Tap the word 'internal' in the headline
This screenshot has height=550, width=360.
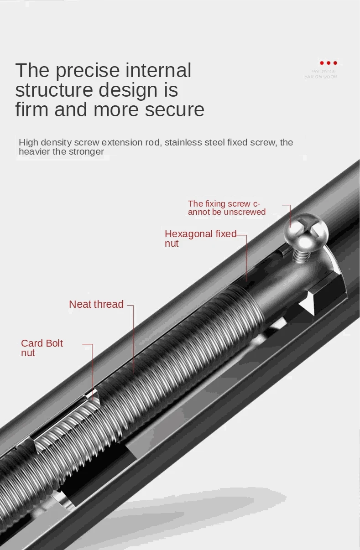coord(158,71)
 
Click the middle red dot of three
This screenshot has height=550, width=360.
coord(329,63)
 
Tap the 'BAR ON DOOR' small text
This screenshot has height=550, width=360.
coord(321,77)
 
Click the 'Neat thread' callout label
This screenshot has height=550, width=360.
coord(96,304)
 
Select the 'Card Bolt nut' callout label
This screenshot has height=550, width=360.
coord(42,348)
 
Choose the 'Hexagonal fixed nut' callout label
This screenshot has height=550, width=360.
coord(200,238)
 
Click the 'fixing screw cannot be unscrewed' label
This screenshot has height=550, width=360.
coord(227,208)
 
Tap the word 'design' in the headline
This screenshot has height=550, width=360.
coord(126,90)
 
